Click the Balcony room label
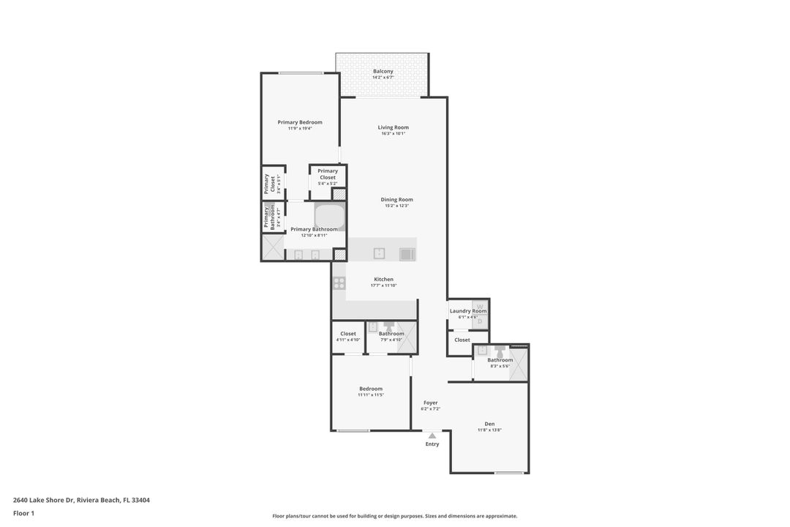[x=383, y=72]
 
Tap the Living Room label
[x=393, y=127]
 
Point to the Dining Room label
[x=396, y=200]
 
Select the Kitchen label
[x=383, y=279]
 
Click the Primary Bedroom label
[x=300, y=122]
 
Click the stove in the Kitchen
[x=339, y=283]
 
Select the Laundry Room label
[x=467, y=311]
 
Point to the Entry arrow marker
[x=432, y=436]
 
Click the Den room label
[x=489, y=424]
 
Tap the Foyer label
[x=430, y=403]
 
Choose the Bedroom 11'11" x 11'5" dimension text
[x=371, y=395]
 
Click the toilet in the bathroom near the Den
[x=500, y=351]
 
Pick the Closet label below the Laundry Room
[x=462, y=340]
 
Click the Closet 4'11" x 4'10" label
[x=348, y=334]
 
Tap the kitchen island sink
[x=379, y=253]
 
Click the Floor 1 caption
[x=23, y=513]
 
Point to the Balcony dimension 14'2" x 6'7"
[x=383, y=78]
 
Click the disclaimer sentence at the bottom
[x=394, y=516]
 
